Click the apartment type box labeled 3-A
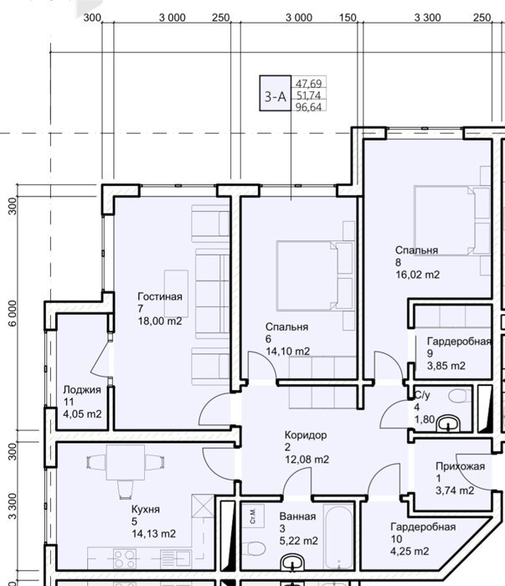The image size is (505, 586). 276,94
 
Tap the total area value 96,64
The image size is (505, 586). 309,107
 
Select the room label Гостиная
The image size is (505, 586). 160,296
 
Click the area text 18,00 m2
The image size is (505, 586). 160,321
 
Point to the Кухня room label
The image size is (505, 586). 146,509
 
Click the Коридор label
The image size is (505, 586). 306,435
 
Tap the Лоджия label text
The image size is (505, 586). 82,390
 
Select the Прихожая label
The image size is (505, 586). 460,466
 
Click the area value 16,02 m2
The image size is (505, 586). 418,275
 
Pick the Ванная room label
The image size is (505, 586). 297,517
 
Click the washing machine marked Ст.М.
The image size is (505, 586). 253,516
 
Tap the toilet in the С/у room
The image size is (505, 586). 460,395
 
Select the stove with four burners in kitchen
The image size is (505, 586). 125,558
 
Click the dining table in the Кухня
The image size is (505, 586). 126,462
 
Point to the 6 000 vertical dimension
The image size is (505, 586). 12,313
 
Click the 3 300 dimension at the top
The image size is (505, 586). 428,18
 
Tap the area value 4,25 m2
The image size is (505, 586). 410,551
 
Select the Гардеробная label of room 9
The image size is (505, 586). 459,342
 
